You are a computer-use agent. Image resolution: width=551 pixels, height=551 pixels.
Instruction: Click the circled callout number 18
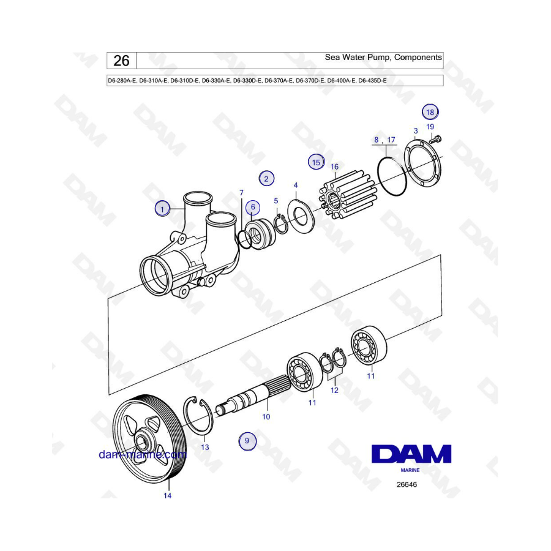(430, 112)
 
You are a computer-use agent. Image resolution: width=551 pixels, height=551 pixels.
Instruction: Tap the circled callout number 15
(317, 162)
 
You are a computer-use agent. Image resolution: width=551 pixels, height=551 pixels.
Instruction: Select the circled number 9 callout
(247, 441)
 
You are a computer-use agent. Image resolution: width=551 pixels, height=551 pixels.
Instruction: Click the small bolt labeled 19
(435, 140)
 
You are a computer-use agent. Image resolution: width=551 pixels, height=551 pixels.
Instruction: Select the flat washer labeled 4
(301, 216)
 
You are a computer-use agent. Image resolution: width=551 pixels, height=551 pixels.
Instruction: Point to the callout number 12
(334, 390)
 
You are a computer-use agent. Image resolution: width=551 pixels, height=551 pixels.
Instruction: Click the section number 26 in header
(122, 61)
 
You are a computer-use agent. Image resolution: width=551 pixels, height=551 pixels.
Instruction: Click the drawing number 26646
(407, 485)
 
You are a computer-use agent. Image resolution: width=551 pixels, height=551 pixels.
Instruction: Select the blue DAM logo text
(411, 454)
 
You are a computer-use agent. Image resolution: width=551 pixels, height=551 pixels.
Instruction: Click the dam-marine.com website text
(142, 454)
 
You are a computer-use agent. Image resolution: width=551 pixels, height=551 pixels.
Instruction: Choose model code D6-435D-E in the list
(372, 80)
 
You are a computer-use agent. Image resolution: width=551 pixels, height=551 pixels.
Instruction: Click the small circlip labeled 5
(281, 224)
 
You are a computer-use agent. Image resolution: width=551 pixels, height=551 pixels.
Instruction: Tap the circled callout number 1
(162, 209)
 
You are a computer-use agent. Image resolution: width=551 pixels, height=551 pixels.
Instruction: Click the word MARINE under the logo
(410, 470)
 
